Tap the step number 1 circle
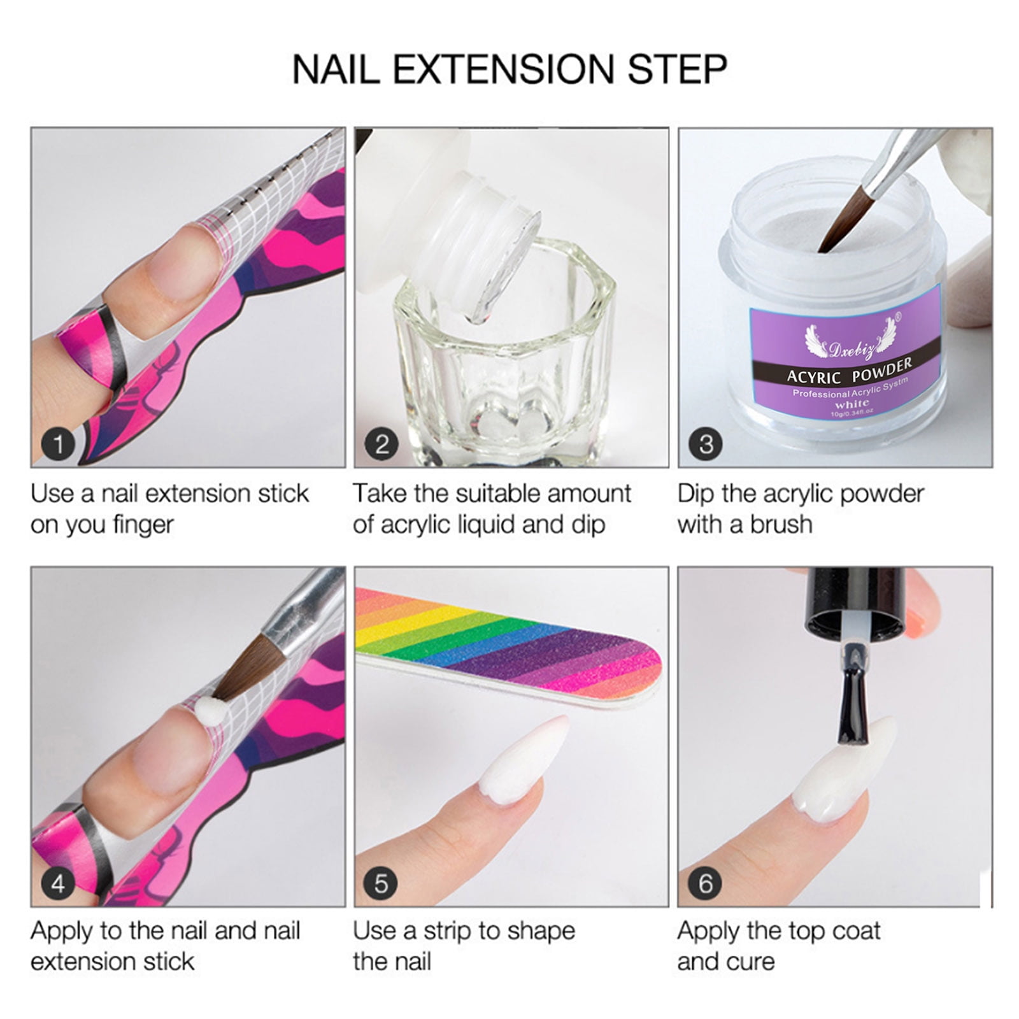pos(59,444)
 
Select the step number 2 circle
pos(381,444)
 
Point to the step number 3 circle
pos(706,444)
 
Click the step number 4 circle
pos(59,883)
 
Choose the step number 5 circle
pos(381,883)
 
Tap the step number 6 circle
pos(706,883)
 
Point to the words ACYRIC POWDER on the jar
pos(850,372)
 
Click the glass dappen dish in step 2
pos(503,357)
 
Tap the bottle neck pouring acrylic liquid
pos(484,242)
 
